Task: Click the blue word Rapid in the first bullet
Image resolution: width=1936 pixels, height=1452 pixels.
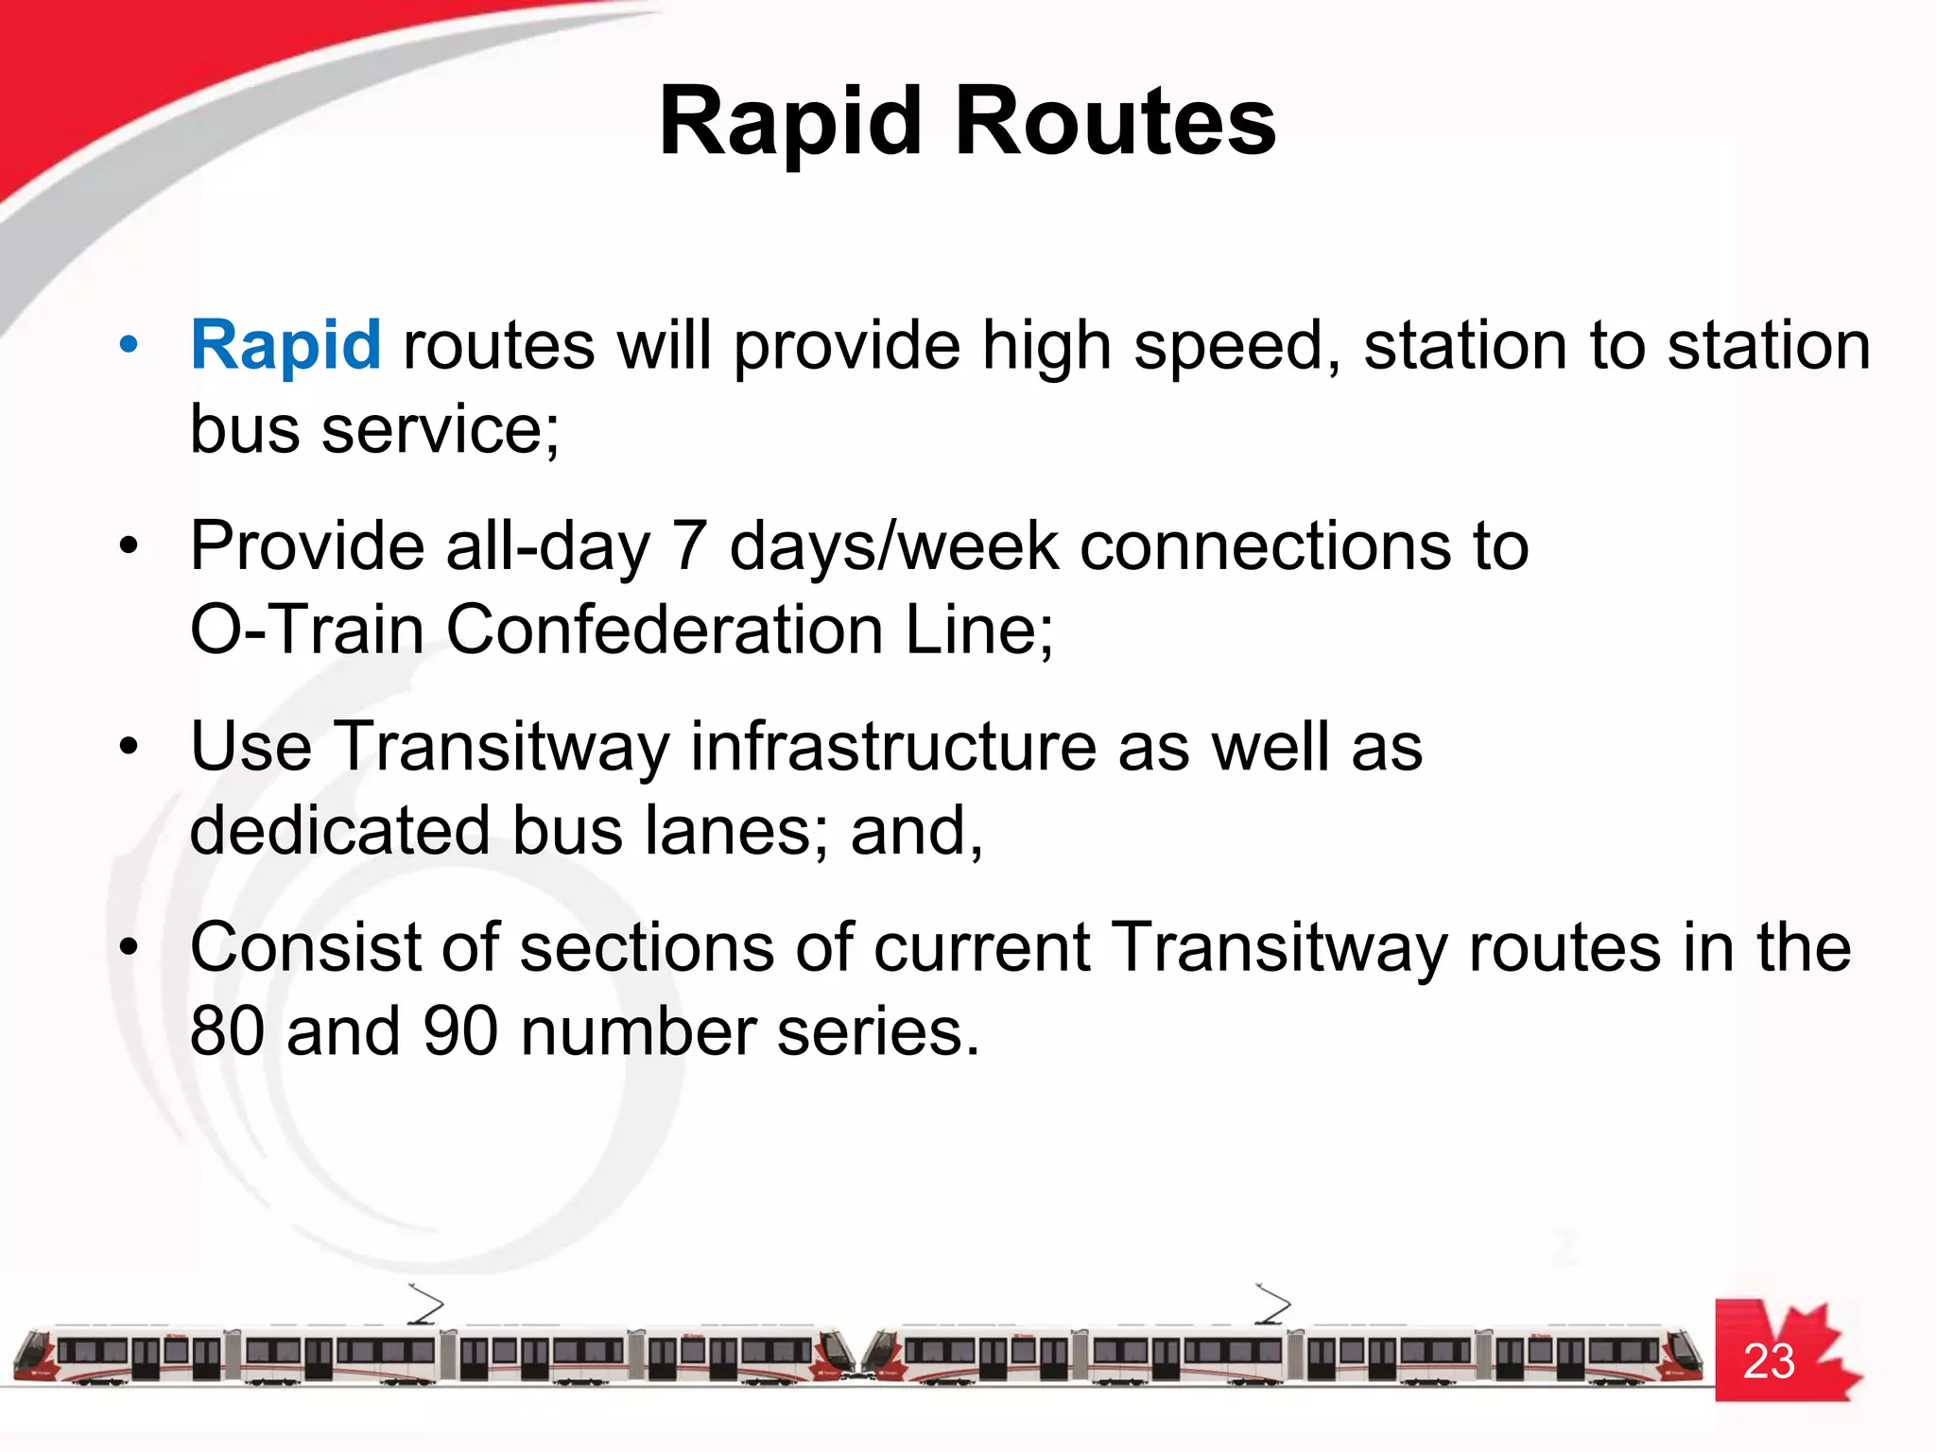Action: (285, 346)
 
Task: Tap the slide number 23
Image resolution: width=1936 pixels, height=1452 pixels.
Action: (1768, 1362)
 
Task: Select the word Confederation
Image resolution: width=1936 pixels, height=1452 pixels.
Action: (664, 631)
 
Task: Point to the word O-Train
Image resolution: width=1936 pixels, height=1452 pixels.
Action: (307, 631)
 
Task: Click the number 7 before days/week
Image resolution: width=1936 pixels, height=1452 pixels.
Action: (689, 546)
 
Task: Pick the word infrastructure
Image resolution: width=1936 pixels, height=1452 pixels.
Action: (892, 747)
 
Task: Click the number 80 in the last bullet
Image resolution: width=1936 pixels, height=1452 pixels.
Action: (227, 1031)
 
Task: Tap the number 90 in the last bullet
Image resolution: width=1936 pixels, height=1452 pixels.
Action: (459, 1031)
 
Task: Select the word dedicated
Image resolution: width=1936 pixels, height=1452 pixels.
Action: (339, 831)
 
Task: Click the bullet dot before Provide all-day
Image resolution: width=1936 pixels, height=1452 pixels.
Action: (130, 545)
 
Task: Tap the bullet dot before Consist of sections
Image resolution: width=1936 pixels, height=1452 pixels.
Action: (130, 946)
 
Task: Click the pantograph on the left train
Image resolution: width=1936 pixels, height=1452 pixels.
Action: (424, 1305)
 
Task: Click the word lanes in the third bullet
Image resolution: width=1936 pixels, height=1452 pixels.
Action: (740, 831)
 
